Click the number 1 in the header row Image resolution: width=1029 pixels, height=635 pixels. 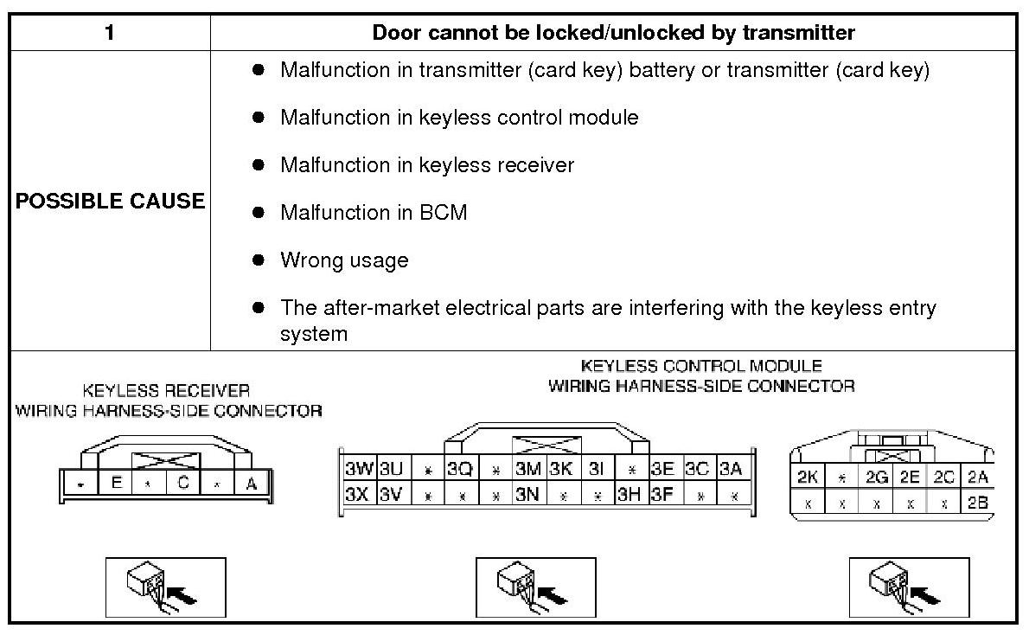(x=110, y=33)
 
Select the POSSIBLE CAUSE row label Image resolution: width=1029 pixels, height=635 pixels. (x=110, y=201)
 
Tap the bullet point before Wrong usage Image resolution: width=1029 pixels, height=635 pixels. (x=258, y=260)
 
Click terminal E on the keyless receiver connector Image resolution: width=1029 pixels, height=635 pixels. (x=115, y=484)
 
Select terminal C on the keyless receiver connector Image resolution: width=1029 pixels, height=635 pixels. (x=183, y=484)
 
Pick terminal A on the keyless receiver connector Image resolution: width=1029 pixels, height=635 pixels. (x=252, y=484)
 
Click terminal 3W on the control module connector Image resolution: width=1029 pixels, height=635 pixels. (x=359, y=469)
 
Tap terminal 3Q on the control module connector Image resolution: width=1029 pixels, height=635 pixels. (x=460, y=469)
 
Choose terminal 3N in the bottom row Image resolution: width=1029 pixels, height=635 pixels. (x=527, y=495)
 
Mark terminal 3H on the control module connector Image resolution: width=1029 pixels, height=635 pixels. (x=629, y=495)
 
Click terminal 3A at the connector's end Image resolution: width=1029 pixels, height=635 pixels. (x=731, y=469)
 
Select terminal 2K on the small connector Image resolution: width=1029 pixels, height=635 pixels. (x=807, y=477)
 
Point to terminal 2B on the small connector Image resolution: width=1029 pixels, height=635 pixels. (x=978, y=503)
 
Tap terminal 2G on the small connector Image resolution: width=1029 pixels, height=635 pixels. (x=877, y=477)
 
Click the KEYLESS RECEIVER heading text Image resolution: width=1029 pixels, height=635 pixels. (x=166, y=391)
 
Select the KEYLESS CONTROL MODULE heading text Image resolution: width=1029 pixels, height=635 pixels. (x=701, y=366)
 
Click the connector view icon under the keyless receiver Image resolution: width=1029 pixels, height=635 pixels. (x=165, y=588)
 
